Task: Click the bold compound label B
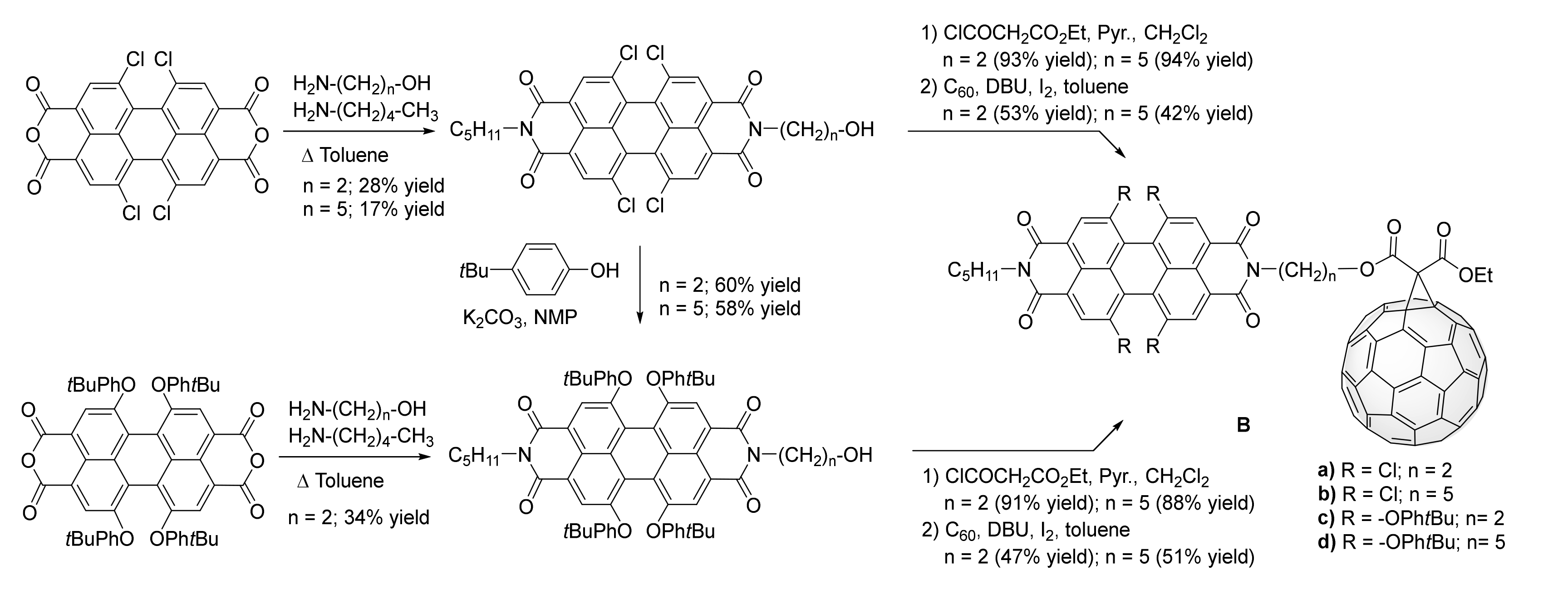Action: (1243, 425)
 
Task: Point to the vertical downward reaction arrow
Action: (640, 284)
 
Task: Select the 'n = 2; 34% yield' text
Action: (359, 517)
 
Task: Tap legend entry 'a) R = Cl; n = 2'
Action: (1384, 470)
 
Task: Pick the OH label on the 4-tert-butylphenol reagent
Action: (604, 271)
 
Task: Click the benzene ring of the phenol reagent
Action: (539, 270)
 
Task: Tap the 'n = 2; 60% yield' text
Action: (730, 285)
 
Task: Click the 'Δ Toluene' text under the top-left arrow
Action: (346, 155)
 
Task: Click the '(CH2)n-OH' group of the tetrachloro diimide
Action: (826, 129)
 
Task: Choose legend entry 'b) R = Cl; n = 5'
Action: (1384, 494)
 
